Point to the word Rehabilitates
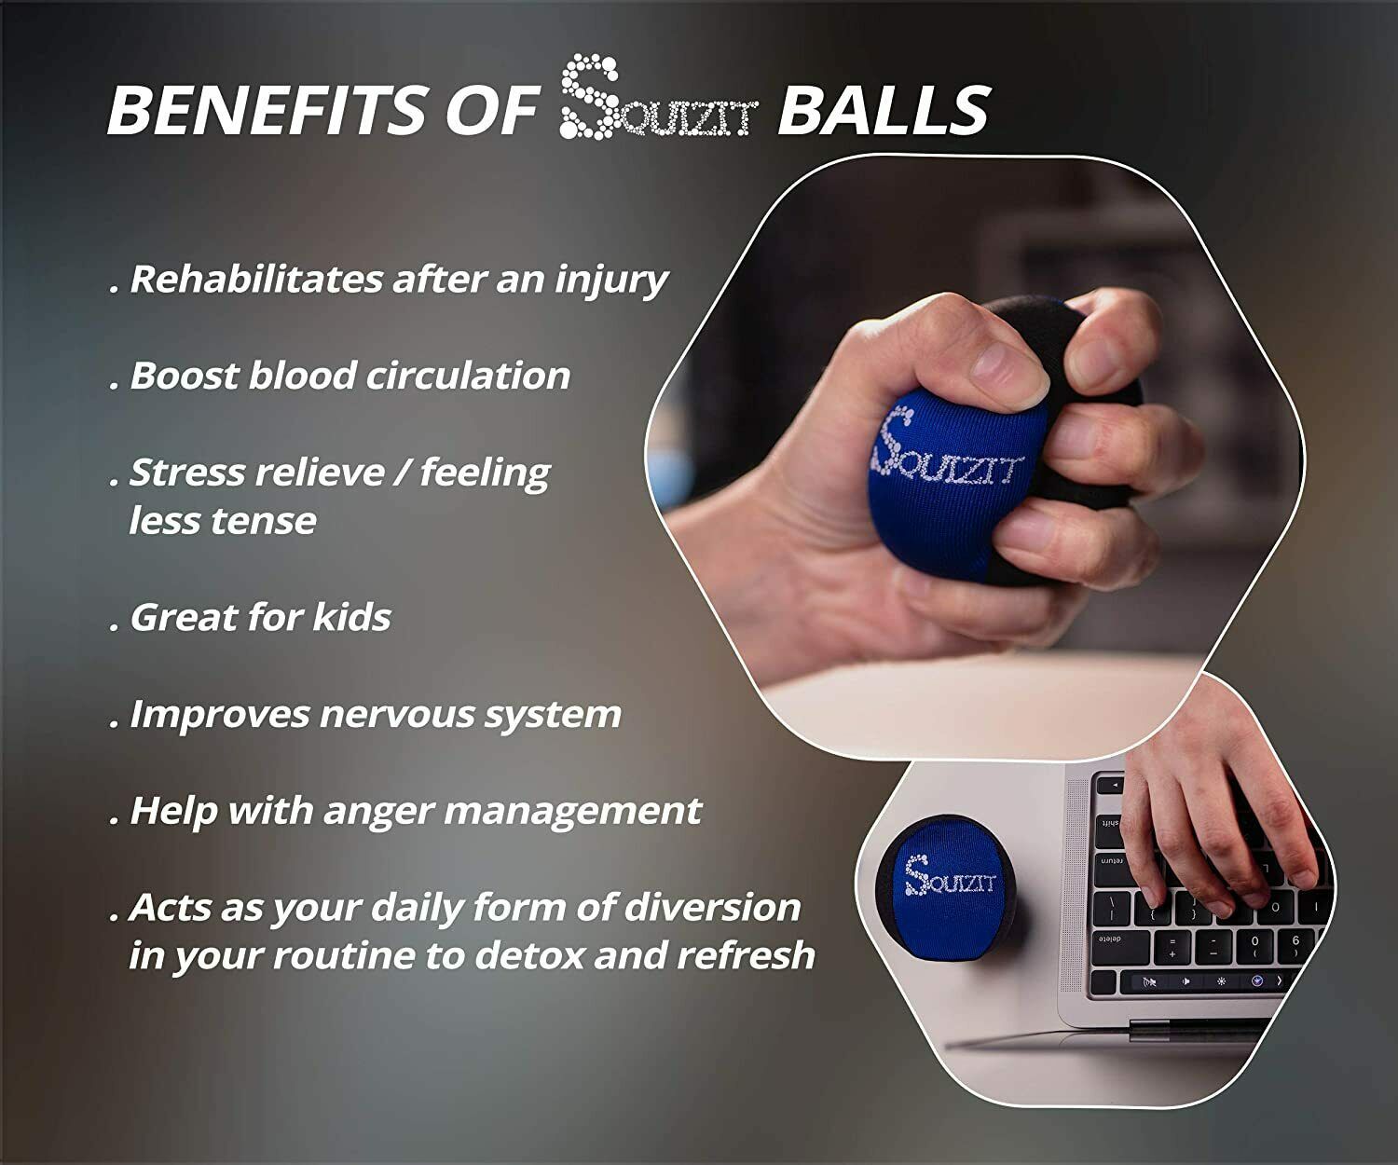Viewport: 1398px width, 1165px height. (256, 279)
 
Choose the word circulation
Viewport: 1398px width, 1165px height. (468, 375)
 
